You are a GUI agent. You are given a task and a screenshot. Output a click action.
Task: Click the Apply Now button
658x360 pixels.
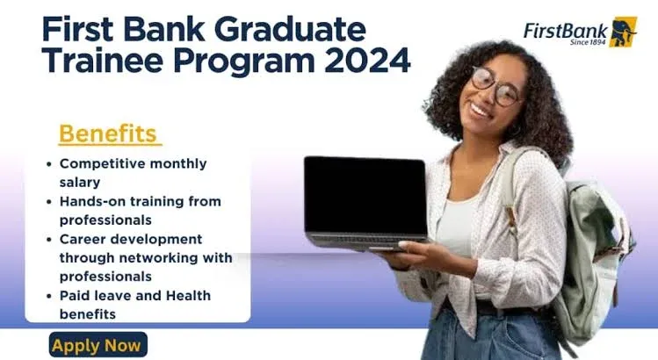coord(97,345)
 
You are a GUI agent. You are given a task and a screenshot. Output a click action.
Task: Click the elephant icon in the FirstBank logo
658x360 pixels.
coord(623,31)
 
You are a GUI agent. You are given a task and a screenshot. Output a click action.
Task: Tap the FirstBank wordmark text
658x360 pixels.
coord(565,30)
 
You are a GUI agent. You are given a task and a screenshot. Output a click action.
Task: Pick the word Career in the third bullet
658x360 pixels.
coord(83,239)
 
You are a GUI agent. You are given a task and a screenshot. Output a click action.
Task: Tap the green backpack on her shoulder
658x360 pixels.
coord(597,255)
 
